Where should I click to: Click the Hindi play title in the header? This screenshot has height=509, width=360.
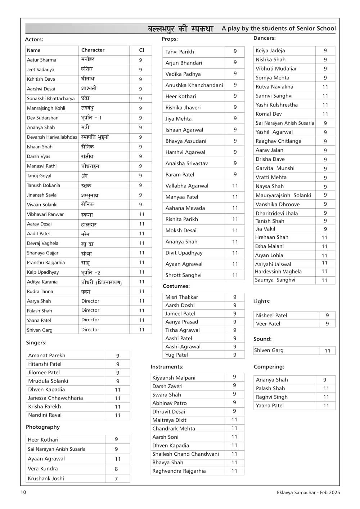[180, 29]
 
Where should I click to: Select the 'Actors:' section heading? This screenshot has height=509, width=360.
[34, 39]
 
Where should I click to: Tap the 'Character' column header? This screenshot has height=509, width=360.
[93, 50]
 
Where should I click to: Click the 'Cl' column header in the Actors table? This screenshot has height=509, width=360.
[141, 50]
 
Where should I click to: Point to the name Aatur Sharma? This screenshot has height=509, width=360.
[41, 60]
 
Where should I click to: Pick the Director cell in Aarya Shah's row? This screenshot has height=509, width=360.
[90, 301]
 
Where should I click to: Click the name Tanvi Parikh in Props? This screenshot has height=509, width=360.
[180, 52]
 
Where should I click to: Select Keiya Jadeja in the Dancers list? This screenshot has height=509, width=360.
[270, 50]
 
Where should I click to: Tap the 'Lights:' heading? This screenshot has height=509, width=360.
[262, 302]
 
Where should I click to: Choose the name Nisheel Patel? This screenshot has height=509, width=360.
[271, 315]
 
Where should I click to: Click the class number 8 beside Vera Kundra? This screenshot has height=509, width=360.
[116, 469]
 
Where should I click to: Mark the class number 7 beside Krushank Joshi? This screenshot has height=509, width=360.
[116, 478]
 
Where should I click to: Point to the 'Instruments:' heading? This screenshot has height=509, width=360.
[167, 367]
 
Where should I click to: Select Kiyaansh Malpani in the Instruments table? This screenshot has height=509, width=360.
[174, 378]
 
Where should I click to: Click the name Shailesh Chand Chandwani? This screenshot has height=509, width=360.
[185, 454]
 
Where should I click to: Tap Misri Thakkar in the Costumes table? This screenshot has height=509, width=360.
[181, 297]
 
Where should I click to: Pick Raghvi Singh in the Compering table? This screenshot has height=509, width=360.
[272, 397]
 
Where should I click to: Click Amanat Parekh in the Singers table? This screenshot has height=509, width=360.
[47, 355]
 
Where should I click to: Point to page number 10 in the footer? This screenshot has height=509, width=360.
[23, 492]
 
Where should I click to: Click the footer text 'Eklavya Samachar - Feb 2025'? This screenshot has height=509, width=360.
[309, 492]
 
